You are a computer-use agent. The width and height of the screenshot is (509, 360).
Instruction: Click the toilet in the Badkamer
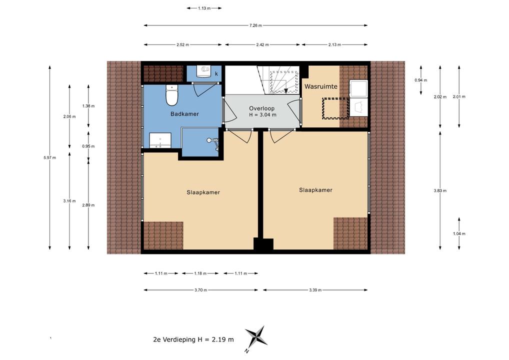click(x=171, y=95)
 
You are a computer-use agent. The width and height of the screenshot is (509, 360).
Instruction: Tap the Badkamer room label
click(x=184, y=114)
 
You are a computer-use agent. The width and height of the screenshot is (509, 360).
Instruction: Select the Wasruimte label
click(x=320, y=86)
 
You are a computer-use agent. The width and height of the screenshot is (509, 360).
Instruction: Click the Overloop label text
click(x=261, y=108)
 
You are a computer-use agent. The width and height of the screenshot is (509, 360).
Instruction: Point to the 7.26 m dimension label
click(x=255, y=25)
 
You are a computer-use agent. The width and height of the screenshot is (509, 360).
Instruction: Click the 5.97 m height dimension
click(x=49, y=158)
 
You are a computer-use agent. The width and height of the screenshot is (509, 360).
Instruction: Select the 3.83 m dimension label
click(x=440, y=191)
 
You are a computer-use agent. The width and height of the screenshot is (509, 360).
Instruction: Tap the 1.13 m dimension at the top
click(x=204, y=8)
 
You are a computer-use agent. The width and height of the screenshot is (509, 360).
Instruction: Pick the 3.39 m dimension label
click(x=315, y=290)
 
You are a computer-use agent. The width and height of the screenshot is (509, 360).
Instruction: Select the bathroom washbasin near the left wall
click(x=160, y=140)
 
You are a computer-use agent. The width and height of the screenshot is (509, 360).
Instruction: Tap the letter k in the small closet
click(x=216, y=74)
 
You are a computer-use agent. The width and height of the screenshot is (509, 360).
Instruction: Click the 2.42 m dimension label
click(x=262, y=45)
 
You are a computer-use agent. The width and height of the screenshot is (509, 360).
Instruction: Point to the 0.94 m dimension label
click(x=420, y=80)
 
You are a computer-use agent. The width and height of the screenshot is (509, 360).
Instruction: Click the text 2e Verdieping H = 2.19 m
click(x=193, y=339)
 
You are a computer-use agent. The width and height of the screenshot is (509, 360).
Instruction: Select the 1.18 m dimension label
click(x=200, y=273)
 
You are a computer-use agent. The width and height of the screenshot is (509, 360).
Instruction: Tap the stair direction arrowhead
click(x=285, y=91)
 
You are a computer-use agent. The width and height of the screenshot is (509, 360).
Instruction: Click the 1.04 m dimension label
click(x=459, y=233)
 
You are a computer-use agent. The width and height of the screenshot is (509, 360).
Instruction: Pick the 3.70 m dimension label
click(x=200, y=290)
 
